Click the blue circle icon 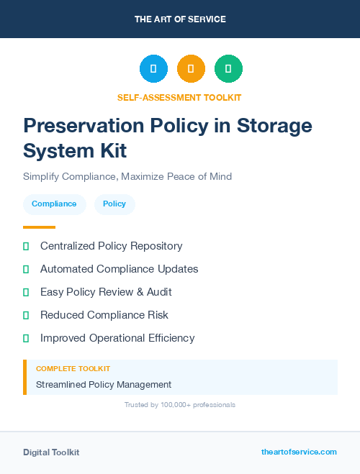(x=153, y=69)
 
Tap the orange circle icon (x=191, y=69)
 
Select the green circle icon (x=228, y=69)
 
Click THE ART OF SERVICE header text (x=180, y=19)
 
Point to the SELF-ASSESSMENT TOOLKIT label (x=180, y=97)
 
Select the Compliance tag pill (x=54, y=204)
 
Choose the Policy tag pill (x=114, y=204)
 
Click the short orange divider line (x=39, y=227)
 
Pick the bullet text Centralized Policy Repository (x=111, y=246)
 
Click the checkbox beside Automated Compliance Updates (x=26, y=269)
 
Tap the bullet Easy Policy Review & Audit (x=106, y=292)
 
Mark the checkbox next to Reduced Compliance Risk (x=26, y=315)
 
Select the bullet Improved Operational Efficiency (x=117, y=338)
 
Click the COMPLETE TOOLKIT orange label (x=73, y=369)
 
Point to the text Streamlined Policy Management (x=104, y=385)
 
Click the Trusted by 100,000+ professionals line (x=180, y=405)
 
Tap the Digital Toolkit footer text (x=51, y=452)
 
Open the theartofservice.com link (x=299, y=452)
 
